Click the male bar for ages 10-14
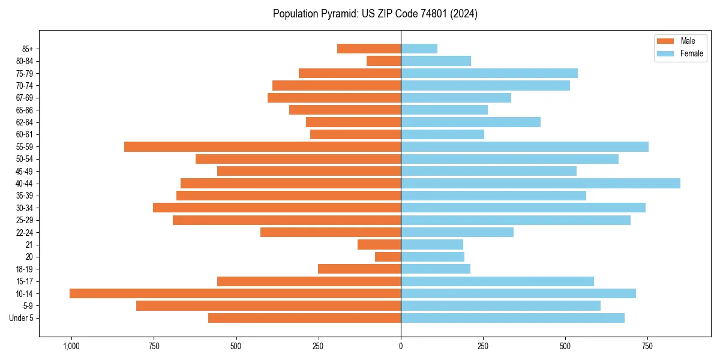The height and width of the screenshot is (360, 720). point(235,293)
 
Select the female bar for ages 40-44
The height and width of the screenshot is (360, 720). point(541,184)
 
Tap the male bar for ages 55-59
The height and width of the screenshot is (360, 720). point(262,147)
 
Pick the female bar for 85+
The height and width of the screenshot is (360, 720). point(419,49)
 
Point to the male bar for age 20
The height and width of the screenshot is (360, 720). point(388,257)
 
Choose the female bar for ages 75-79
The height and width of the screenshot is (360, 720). point(489,73)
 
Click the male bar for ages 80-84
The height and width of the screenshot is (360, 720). point(383,61)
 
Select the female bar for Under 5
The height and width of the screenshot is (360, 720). point(512,318)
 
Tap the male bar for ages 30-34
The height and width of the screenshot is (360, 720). point(277,208)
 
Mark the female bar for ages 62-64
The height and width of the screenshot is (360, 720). point(470,122)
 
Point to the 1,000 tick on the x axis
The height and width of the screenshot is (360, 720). point(71,346)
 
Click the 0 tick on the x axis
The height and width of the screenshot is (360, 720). point(401,346)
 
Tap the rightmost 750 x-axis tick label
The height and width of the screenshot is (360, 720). point(647,346)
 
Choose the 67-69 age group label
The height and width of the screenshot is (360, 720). point(25,98)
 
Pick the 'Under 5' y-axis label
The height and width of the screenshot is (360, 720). point(22,318)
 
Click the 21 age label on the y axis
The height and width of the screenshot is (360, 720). point(29,245)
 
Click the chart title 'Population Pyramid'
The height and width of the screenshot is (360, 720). point(375,14)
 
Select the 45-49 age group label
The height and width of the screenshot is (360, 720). point(25,172)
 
